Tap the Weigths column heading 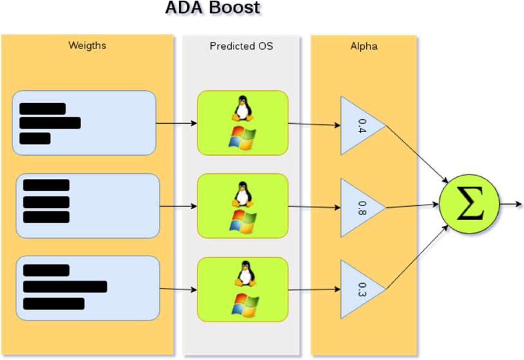[87, 46]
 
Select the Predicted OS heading [241, 46]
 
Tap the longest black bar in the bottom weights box [65, 287]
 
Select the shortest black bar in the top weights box [35, 139]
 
